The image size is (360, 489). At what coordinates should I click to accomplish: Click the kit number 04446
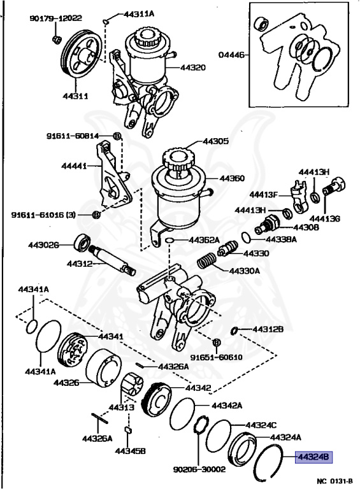pyautogui.click(x=233, y=56)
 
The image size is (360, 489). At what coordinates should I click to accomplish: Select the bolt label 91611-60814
pyautogui.click(x=72, y=136)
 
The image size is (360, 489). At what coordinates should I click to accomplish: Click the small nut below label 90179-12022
pyautogui.click(x=55, y=41)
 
